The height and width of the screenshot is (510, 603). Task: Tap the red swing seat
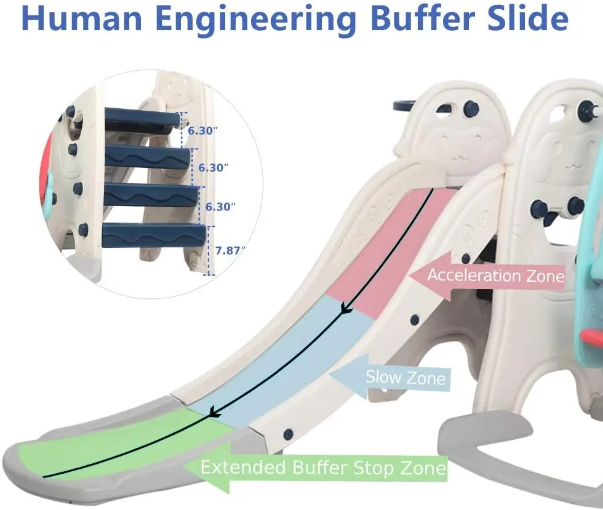(592, 336)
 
